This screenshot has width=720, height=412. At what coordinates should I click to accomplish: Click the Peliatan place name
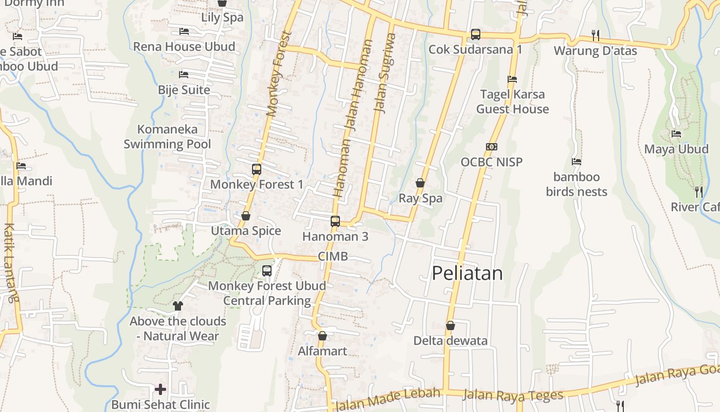click(467, 273)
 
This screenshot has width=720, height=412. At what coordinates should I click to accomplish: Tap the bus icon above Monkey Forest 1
click(256, 169)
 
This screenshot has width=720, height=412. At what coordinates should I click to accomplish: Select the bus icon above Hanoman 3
click(335, 221)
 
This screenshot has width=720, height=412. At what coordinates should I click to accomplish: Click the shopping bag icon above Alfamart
click(322, 336)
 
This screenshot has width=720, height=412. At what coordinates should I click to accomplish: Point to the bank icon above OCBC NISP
click(492, 147)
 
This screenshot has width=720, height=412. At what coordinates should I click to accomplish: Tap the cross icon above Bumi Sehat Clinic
click(160, 389)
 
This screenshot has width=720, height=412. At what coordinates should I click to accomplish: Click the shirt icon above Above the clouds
click(177, 306)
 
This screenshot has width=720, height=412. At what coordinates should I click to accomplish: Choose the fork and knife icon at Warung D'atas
click(596, 35)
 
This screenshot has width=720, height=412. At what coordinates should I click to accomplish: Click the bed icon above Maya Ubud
click(676, 134)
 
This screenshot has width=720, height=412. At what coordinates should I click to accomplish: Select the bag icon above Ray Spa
click(420, 183)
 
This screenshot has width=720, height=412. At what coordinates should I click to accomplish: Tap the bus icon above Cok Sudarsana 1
click(476, 35)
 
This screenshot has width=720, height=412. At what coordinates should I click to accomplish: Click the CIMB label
click(333, 256)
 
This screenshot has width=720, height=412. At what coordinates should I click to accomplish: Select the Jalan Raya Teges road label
click(513, 396)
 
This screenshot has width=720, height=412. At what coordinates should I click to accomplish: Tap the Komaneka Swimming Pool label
click(168, 136)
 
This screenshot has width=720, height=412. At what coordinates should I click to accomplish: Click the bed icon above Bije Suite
click(184, 75)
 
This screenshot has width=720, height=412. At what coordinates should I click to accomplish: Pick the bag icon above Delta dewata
click(451, 325)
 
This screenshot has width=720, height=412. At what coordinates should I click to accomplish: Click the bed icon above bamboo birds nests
click(577, 162)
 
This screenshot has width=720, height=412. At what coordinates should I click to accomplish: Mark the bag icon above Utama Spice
click(246, 216)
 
